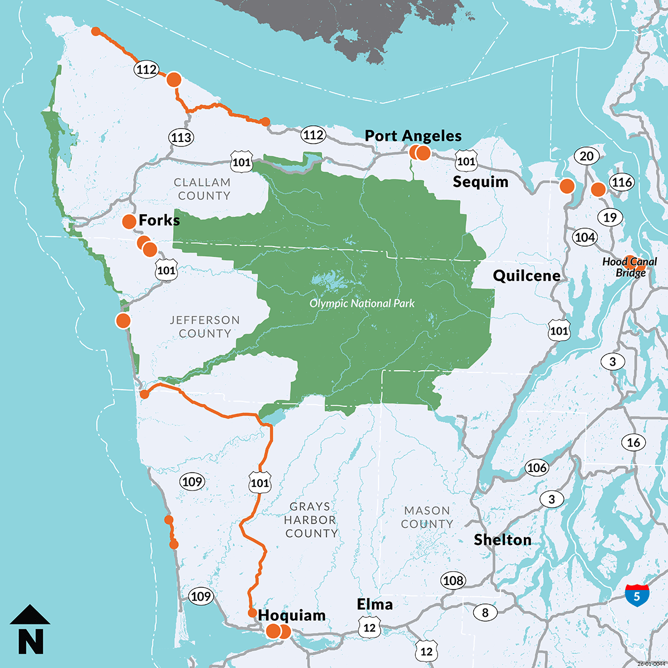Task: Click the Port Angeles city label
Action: click(x=413, y=136)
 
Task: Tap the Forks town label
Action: click(x=159, y=220)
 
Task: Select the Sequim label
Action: click(x=480, y=182)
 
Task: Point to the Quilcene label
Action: click(x=527, y=276)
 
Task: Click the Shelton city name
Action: click(x=502, y=540)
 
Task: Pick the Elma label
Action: click(x=375, y=605)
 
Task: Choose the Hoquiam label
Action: click(x=292, y=616)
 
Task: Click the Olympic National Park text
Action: click(x=362, y=303)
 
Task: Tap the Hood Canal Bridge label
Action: click(x=630, y=267)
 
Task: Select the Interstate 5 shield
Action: click(x=637, y=595)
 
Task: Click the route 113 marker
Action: click(x=181, y=137)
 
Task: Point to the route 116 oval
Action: click(x=621, y=182)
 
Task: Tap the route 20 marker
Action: click(x=587, y=156)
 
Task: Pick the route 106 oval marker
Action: click(x=537, y=468)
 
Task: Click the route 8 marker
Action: click(x=485, y=613)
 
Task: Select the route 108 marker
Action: click(x=453, y=581)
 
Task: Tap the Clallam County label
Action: click(x=202, y=189)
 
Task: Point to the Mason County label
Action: click(x=427, y=517)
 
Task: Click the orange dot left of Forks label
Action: click(x=129, y=221)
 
